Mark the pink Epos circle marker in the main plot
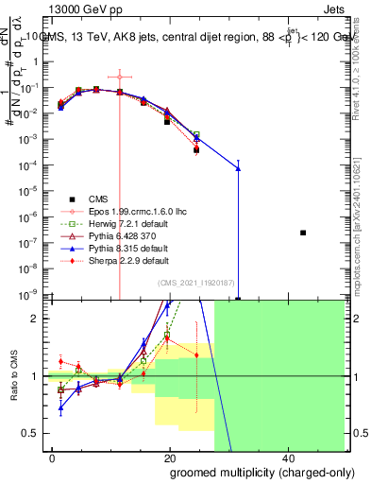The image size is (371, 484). pos(120,77)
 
